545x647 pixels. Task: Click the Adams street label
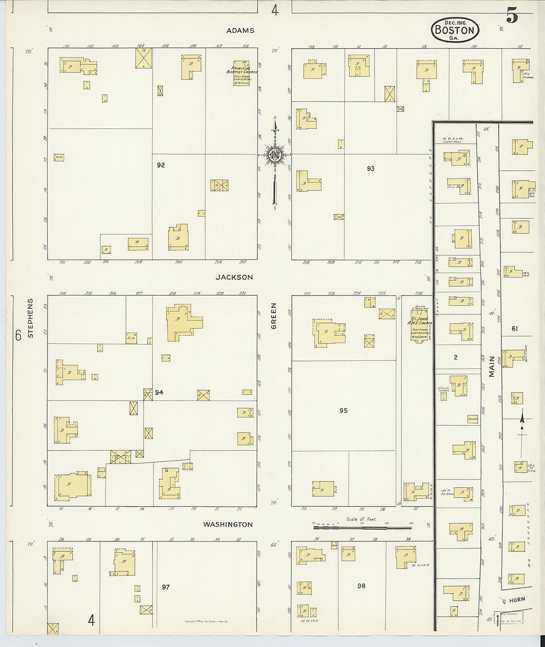pos(240,31)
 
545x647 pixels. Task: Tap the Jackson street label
pos(234,278)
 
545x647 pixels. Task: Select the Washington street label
pos(228,525)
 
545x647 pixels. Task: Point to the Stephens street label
pos(31,318)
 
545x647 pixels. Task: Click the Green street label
pos(274,316)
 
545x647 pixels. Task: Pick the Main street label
pos(491,366)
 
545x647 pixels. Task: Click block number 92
pos(161,165)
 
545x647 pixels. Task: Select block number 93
pos(371,169)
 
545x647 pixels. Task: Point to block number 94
pos(159,393)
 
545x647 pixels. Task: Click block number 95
pos(343,411)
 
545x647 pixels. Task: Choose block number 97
pos(165,587)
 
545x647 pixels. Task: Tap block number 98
pos(361,586)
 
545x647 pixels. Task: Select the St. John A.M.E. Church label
pos(421,325)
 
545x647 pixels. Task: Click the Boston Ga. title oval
pos(455,30)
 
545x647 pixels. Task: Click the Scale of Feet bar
pos(362,528)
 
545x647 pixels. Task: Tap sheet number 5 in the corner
pos(512,16)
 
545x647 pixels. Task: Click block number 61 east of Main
pos(514,329)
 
